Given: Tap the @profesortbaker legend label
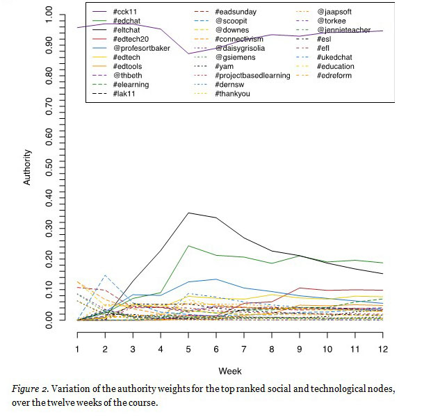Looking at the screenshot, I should (138, 48).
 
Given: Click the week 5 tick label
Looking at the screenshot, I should (189, 347).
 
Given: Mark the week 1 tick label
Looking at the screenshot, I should (77, 347).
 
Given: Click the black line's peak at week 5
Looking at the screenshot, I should (189, 213).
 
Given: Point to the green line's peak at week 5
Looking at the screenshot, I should (189, 245).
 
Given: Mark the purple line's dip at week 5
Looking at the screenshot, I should (189, 54).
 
